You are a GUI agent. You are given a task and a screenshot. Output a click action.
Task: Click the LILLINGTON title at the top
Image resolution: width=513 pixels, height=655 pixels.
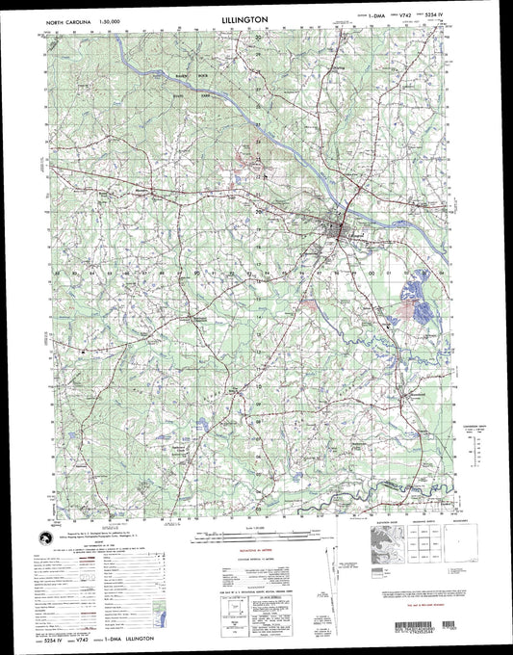point(256,18)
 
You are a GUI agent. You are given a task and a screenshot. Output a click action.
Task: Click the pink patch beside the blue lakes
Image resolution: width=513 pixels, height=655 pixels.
point(422,310)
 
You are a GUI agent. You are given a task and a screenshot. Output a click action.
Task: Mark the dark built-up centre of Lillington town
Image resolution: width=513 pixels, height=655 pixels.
point(336,229)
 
